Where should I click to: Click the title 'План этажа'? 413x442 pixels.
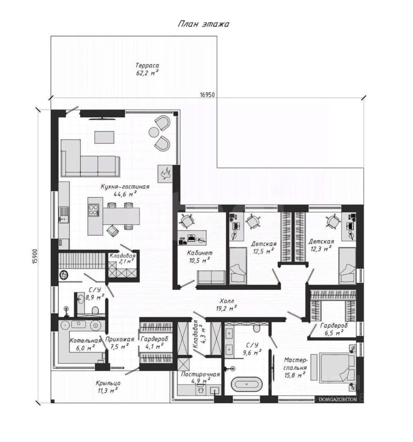point(203,24)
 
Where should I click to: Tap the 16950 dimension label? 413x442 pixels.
point(207,95)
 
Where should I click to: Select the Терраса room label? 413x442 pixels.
point(147,66)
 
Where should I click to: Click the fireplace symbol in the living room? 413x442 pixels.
point(165,173)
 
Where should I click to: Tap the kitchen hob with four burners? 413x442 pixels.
point(94,210)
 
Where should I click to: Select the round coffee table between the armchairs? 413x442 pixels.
point(154,132)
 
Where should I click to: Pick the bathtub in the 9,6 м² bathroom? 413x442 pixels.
point(247,384)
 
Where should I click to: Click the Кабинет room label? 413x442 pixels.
point(200,253)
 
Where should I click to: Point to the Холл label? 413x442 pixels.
point(227,301)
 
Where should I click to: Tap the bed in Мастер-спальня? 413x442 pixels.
point(337,368)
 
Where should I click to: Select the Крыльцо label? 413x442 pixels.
point(108,384)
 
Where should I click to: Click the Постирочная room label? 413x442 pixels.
point(200,374)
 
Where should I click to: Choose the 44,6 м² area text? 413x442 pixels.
point(125,194)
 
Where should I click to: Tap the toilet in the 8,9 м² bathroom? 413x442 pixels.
point(95,310)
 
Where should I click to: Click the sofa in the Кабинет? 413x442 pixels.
point(211,277)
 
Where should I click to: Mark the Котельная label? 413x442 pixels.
point(85,341)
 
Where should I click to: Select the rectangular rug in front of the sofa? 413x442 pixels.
point(104,137)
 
